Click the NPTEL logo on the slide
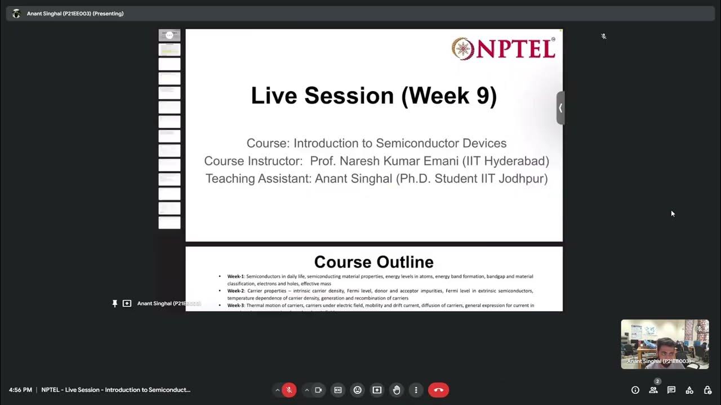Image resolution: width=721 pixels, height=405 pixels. pyautogui.click(x=503, y=48)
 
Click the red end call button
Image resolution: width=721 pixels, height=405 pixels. pyautogui.click(x=438, y=390)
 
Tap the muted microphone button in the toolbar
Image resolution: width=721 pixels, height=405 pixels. pyautogui.click(x=289, y=390)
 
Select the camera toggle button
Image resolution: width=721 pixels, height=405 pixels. pyautogui.click(x=318, y=390)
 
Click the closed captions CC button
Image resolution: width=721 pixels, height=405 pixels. pyautogui.click(x=338, y=390)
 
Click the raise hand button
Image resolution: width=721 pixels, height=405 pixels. pyautogui.click(x=397, y=390)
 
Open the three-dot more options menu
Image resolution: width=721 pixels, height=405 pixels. pyautogui.click(x=416, y=390)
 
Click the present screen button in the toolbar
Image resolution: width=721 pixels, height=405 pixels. pyautogui.click(x=377, y=390)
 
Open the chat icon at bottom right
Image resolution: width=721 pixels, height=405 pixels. pyautogui.click(x=671, y=390)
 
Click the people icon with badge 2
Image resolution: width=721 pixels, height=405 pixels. pyautogui.click(x=653, y=390)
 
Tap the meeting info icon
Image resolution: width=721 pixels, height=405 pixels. pyautogui.click(x=635, y=390)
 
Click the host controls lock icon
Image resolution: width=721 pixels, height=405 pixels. pyautogui.click(x=707, y=390)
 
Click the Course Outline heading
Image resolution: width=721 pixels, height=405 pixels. pyautogui.click(x=373, y=262)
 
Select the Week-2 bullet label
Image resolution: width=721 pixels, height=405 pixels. pyautogui.click(x=235, y=291)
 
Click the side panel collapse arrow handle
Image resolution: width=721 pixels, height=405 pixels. pyautogui.click(x=560, y=107)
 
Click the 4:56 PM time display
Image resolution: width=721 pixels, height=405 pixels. pyautogui.click(x=20, y=390)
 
